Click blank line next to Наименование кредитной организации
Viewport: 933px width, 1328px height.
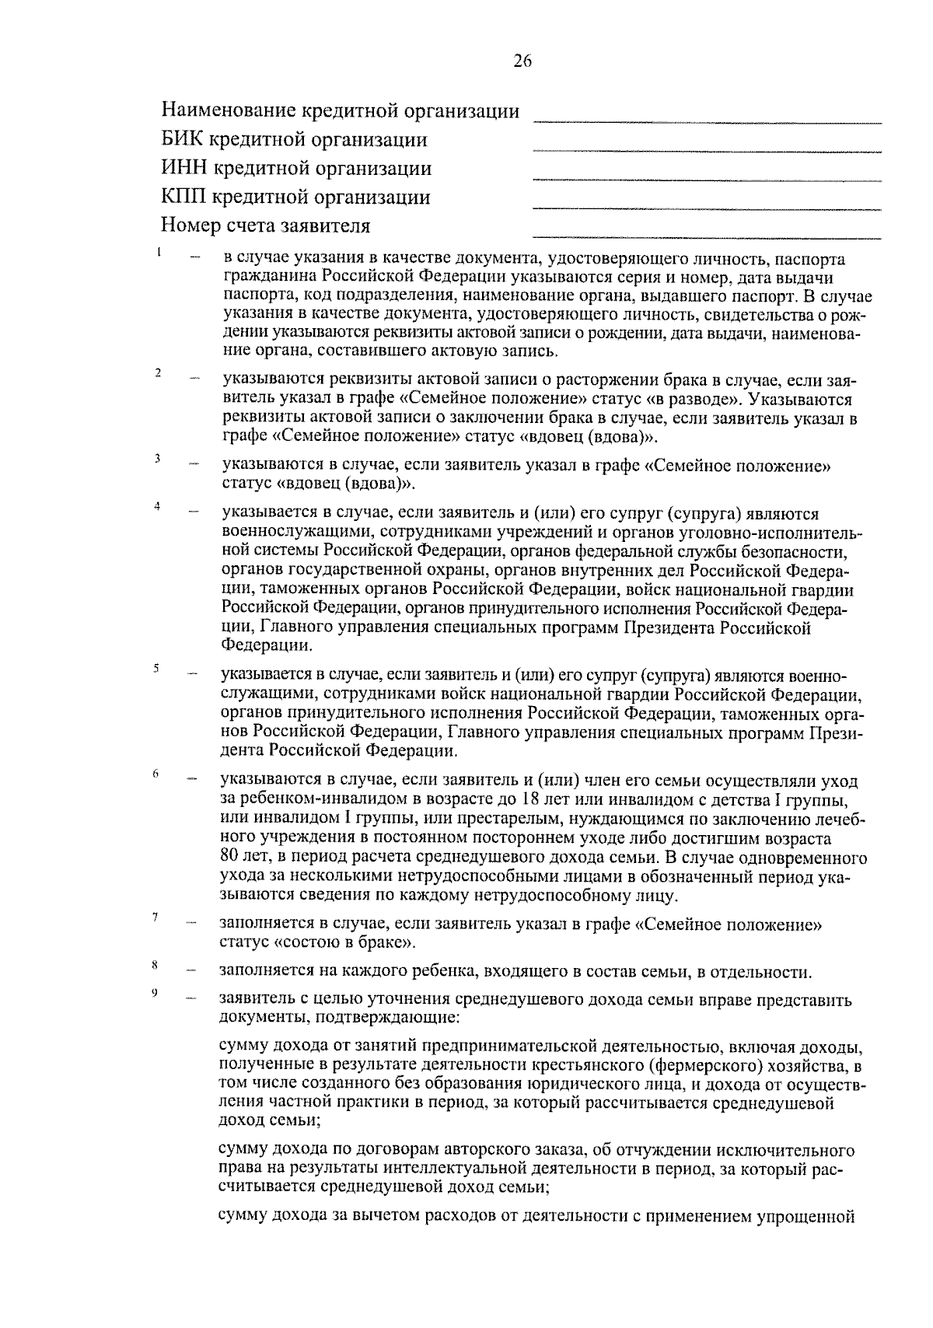707,121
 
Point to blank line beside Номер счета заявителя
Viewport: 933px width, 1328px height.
707,236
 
